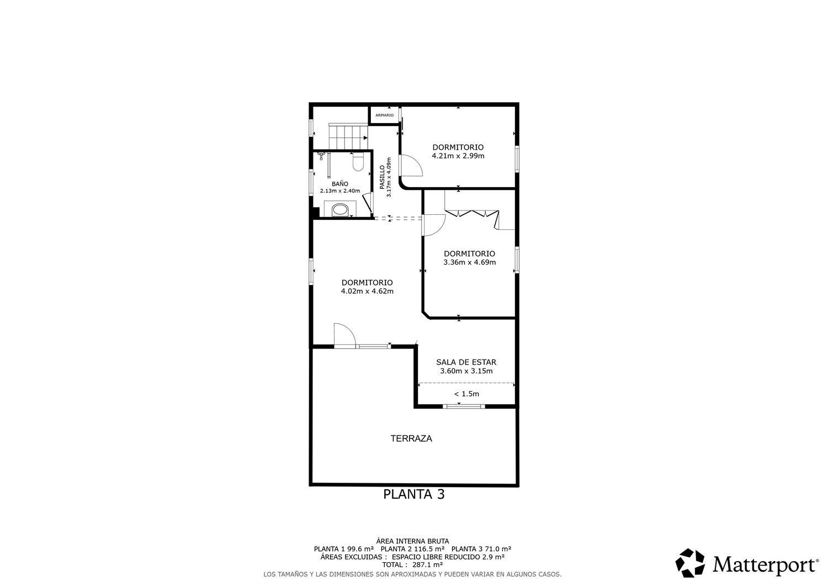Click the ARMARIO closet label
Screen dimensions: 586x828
(x=384, y=115)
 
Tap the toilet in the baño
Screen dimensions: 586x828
(x=358, y=161)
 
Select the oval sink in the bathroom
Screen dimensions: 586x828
(x=340, y=209)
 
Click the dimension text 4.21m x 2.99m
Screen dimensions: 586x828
(x=458, y=156)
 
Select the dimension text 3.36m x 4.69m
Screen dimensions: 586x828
(x=469, y=262)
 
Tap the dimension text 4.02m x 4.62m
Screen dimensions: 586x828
(x=367, y=291)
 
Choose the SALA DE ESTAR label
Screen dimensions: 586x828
(x=466, y=362)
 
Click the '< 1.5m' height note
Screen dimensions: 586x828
(x=466, y=394)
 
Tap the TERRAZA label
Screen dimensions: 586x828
(x=411, y=439)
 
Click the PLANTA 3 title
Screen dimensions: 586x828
(x=413, y=494)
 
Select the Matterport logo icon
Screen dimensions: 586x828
(x=691, y=563)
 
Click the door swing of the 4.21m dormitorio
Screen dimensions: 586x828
(x=411, y=166)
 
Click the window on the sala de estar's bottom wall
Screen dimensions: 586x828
(x=464, y=406)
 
